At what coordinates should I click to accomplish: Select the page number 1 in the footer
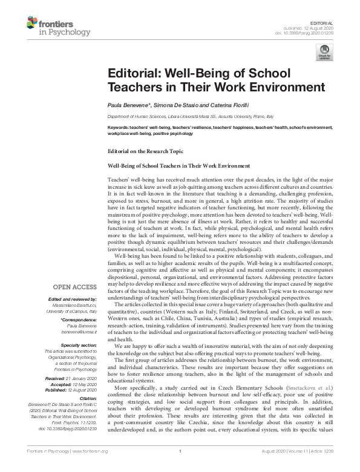[180, 467]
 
